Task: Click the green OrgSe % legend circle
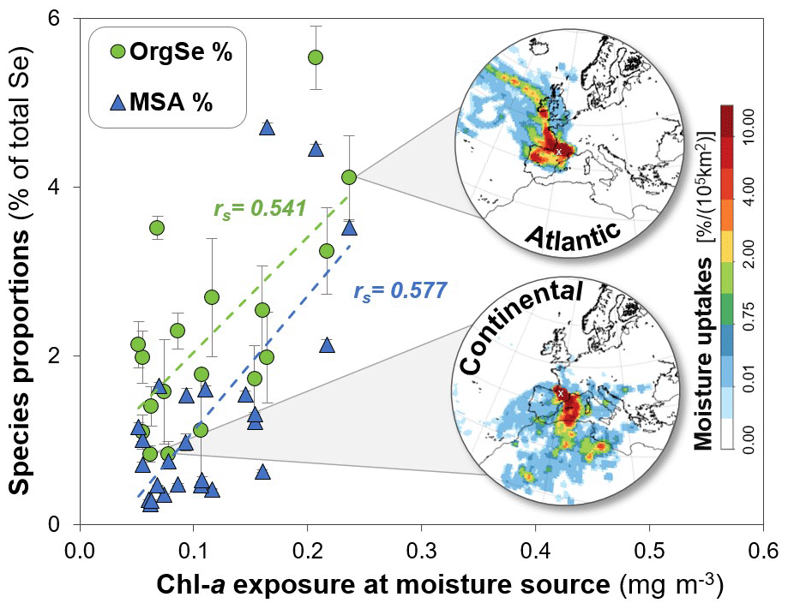118,52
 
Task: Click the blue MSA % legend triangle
118,104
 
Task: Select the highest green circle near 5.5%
315,57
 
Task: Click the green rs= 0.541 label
260,208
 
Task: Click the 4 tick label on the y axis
60,188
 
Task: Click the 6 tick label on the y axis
60,19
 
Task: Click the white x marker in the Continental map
560,393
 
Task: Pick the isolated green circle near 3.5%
157,228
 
